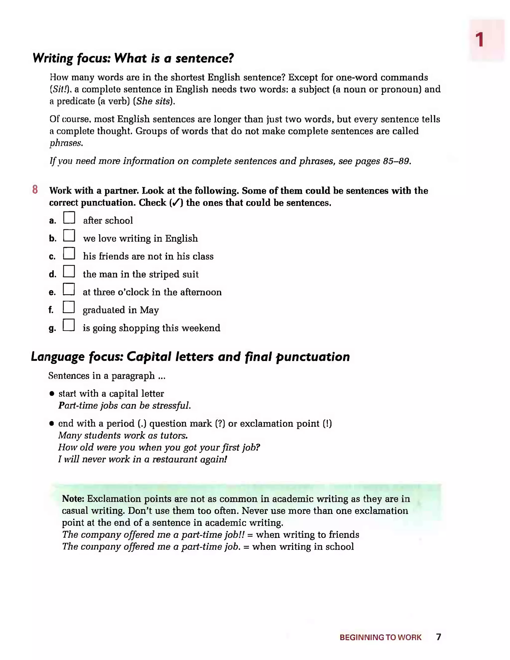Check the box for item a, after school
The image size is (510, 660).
(x=69, y=217)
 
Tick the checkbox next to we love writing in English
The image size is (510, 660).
(x=69, y=235)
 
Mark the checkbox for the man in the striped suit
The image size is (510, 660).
(x=69, y=271)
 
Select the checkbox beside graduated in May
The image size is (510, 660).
(x=69, y=307)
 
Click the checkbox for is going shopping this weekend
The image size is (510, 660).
(x=69, y=325)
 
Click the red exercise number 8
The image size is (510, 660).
(x=35, y=190)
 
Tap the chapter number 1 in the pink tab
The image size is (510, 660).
(x=479, y=40)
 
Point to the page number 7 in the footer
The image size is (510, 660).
(x=438, y=637)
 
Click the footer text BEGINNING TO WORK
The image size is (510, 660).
(x=380, y=637)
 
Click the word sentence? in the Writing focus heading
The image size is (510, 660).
(x=204, y=58)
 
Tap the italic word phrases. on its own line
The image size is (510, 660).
(x=66, y=143)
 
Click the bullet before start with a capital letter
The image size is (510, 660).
(x=52, y=394)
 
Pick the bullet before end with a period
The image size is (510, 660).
(x=52, y=424)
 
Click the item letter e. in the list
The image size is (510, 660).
(x=52, y=292)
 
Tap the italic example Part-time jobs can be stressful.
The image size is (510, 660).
(x=124, y=406)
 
